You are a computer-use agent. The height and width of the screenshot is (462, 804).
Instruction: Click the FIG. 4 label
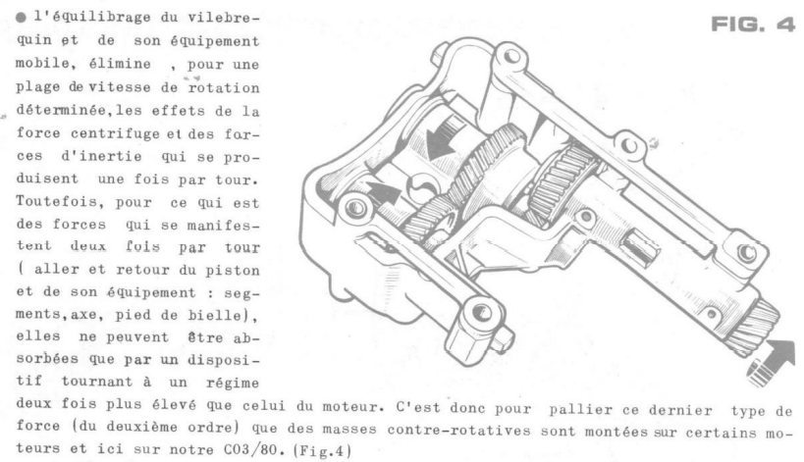[753, 25]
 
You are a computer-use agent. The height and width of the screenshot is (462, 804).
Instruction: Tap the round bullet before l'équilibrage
[21, 18]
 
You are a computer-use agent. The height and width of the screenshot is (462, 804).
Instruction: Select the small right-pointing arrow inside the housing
[383, 193]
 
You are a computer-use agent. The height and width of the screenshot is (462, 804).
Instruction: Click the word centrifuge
[116, 134]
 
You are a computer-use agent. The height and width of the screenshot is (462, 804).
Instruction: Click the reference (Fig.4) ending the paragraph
[322, 451]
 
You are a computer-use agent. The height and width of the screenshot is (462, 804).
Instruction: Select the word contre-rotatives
[458, 430]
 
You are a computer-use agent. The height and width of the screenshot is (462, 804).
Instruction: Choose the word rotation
[224, 88]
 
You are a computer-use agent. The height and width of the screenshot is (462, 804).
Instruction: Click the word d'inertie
[101, 156]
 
